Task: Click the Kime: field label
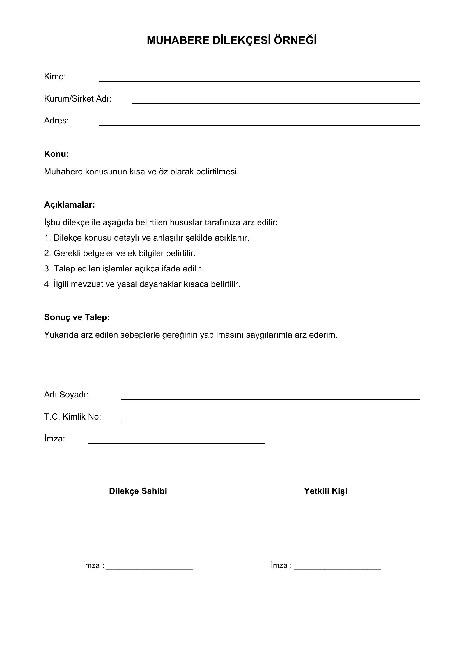point(55,77)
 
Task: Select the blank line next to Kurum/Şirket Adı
point(276,103)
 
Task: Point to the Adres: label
point(56,121)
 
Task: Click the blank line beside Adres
point(259,125)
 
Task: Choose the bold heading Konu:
point(56,154)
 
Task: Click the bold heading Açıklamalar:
point(69,204)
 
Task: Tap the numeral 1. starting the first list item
point(47,238)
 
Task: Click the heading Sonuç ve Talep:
point(77,317)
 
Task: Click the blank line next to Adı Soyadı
point(270,399)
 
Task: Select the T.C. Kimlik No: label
point(73,417)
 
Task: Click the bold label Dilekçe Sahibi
point(138,491)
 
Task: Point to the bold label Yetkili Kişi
point(325,491)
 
